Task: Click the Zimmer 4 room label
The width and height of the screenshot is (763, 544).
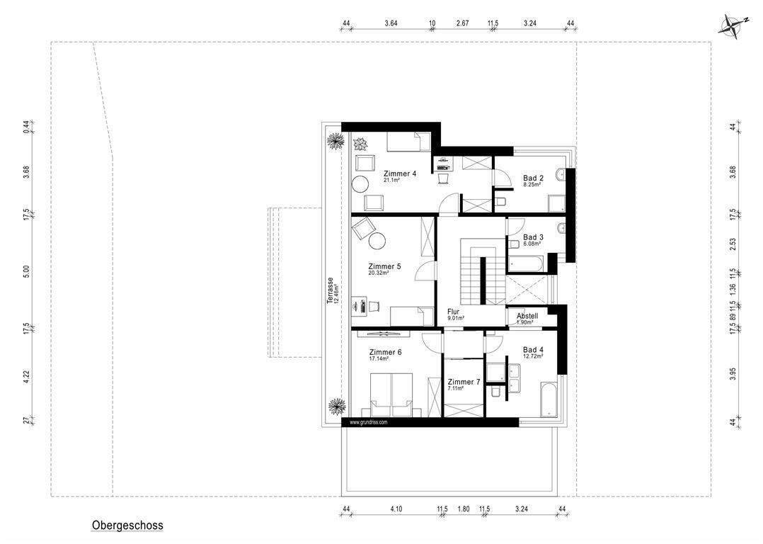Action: pos(400,174)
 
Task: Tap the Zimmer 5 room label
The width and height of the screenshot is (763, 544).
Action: pos(384,267)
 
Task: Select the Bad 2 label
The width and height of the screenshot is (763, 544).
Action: pos(533,178)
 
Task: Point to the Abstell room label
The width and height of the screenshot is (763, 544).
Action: pos(527,316)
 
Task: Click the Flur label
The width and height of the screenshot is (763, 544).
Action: pos(454,312)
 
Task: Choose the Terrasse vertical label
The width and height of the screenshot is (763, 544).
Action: pos(330,290)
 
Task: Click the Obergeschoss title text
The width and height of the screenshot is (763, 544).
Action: pos(127,526)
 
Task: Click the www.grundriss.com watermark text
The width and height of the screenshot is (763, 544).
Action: pos(369,422)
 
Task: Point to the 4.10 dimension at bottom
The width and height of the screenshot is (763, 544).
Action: pos(394,509)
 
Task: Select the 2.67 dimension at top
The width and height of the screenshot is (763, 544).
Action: pos(462,23)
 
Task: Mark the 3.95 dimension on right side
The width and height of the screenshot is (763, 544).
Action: pos(733,373)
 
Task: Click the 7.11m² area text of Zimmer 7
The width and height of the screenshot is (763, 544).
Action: pos(456,388)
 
